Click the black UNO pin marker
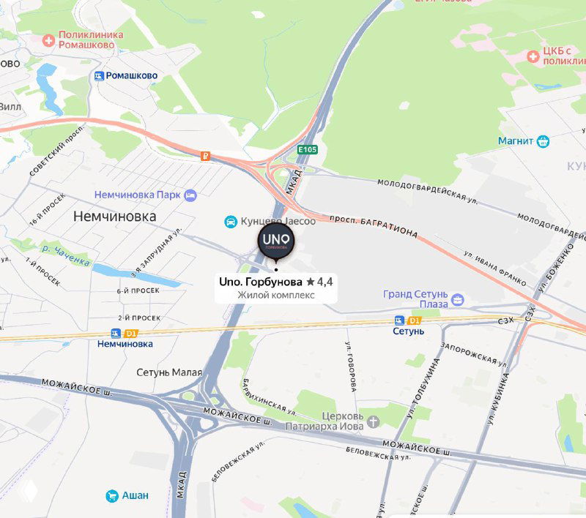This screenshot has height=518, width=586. [276, 241]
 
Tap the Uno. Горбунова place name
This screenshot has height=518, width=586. [261, 281]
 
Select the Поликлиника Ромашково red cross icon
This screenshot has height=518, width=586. [49, 40]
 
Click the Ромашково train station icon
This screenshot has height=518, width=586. [98, 75]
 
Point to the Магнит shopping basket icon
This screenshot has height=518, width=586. [543, 140]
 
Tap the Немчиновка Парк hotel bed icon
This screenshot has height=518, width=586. [190, 195]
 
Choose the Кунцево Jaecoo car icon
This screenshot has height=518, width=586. [230, 222]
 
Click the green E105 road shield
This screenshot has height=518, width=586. [307, 149]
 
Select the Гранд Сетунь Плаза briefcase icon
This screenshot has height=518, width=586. [457, 299]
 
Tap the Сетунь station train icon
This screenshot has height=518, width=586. [399, 320]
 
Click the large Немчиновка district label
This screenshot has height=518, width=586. [115, 217]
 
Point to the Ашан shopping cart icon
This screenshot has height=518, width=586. [112, 495]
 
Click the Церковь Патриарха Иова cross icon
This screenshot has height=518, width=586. [374, 421]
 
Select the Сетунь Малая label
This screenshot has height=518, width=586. [169, 372]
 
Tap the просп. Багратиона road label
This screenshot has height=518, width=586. [374, 226]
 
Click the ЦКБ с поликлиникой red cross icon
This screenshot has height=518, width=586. [533, 56]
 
